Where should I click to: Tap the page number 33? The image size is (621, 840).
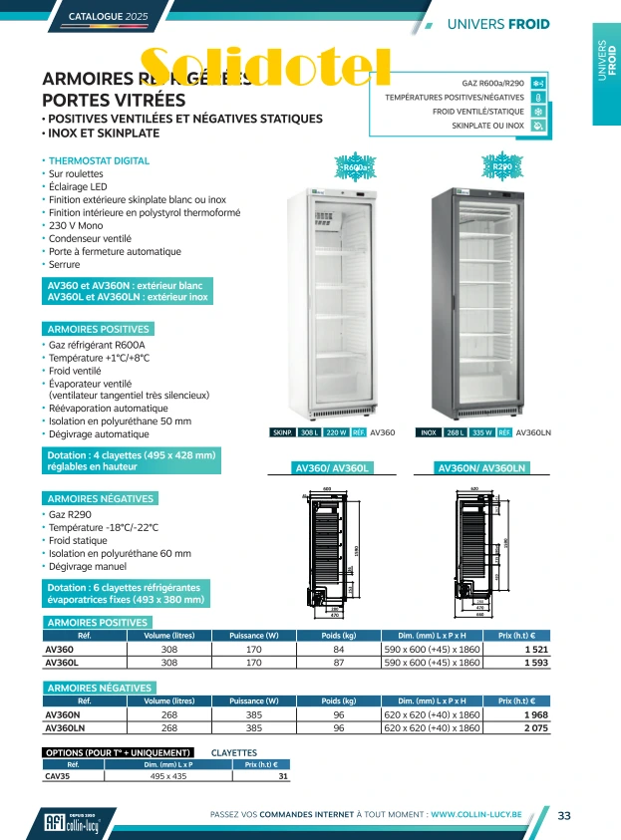point(564,816)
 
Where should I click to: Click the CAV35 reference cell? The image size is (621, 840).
point(57,776)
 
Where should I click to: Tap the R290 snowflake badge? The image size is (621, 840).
point(501,166)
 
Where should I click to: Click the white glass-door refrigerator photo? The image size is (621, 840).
point(344,302)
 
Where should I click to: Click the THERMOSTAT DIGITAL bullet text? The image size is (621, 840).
point(100,160)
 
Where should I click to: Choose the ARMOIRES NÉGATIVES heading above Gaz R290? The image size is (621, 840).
point(100,498)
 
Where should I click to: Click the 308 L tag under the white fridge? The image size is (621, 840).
point(311,433)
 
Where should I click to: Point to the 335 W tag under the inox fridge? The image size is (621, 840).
point(482,433)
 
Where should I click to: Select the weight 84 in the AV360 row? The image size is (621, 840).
point(339,649)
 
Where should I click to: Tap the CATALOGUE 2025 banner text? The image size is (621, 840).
point(107,17)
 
